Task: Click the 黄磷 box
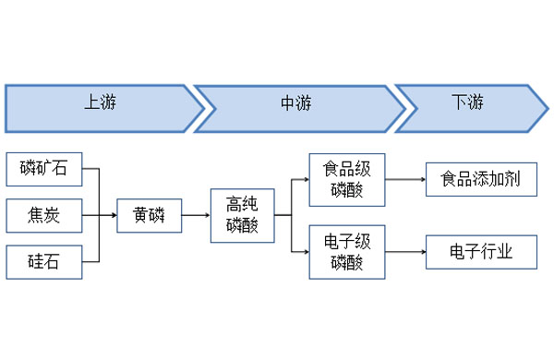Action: tap(148, 216)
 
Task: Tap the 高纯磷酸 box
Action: tap(242, 215)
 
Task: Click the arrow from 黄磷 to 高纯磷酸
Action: tap(195, 216)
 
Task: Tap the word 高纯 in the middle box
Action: tap(242, 206)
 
